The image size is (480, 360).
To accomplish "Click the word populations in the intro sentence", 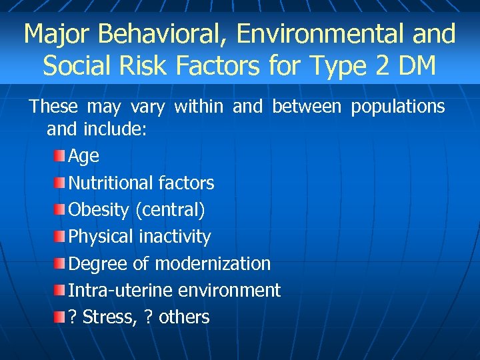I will click(x=398, y=107).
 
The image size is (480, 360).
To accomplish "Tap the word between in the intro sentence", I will click(x=307, y=107).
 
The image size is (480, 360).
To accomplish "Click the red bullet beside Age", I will click(x=60, y=155).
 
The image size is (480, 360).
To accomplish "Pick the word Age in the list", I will click(x=84, y=157).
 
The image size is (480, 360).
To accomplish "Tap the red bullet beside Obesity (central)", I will click(x=60, y=209).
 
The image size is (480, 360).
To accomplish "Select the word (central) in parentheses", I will click(x=170, y=210).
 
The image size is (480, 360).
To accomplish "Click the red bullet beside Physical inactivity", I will click(x=60, y=236).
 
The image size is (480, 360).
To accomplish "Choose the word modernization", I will click(x=213, y=263).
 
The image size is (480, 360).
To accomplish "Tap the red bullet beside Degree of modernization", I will click(x=60, y=263).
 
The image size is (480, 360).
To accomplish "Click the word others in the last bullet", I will click(x=184, y=317).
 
